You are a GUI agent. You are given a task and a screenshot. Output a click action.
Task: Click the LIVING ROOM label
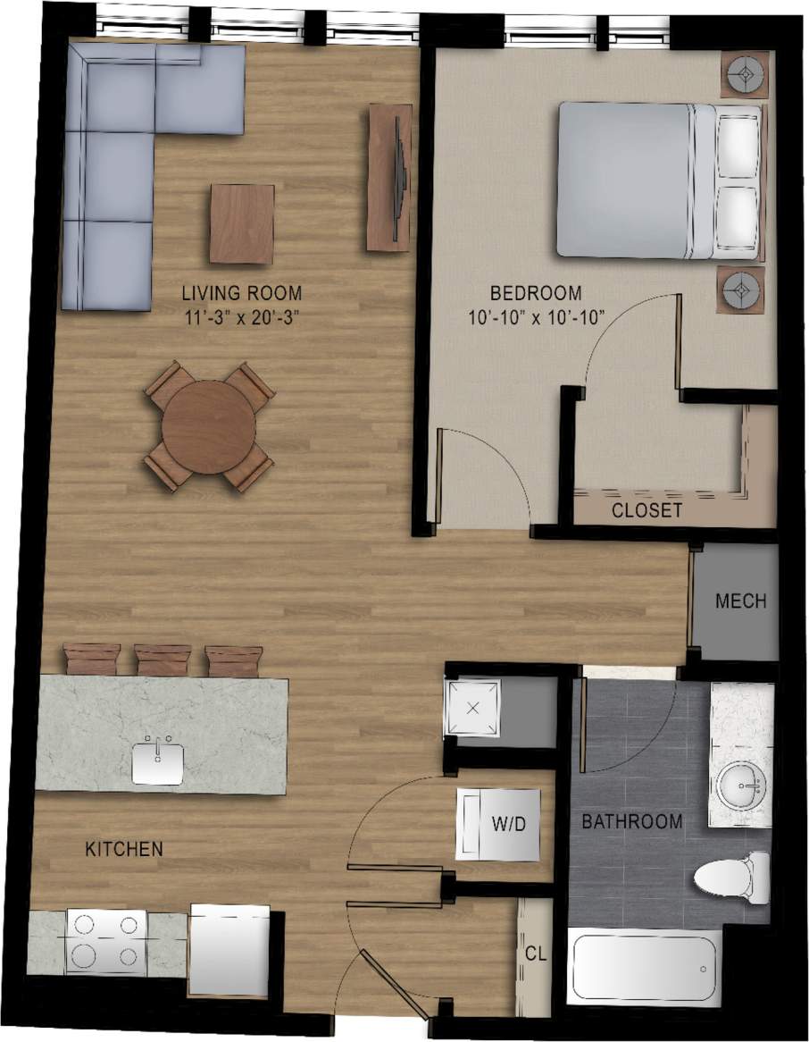tap(241, 293)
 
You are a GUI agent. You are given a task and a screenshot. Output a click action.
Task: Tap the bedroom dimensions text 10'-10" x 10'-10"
tap(536, 315)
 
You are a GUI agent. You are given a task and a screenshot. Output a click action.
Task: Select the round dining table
tap(209, 427)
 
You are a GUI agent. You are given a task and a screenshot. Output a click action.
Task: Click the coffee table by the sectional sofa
tap(241, 223)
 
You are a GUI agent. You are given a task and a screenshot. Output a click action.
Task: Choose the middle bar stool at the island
tap(163, 660)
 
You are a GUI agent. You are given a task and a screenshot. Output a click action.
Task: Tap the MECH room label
tap(740, 601)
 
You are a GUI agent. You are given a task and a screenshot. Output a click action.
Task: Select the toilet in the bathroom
tap(731, 872)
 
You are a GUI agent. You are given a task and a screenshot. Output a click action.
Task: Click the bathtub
tap(645, 969)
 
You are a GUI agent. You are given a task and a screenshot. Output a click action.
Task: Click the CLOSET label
tap(646, 511)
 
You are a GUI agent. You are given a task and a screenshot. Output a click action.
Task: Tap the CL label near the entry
tap(536, 954)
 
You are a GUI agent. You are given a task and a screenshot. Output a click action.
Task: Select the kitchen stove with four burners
tap(106, 941)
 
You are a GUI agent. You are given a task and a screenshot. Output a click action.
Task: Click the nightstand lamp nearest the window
tap(744, 72)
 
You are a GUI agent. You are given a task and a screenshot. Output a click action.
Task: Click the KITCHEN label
tap(124, 849)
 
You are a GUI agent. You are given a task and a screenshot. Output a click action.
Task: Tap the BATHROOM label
tap(632, 820)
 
